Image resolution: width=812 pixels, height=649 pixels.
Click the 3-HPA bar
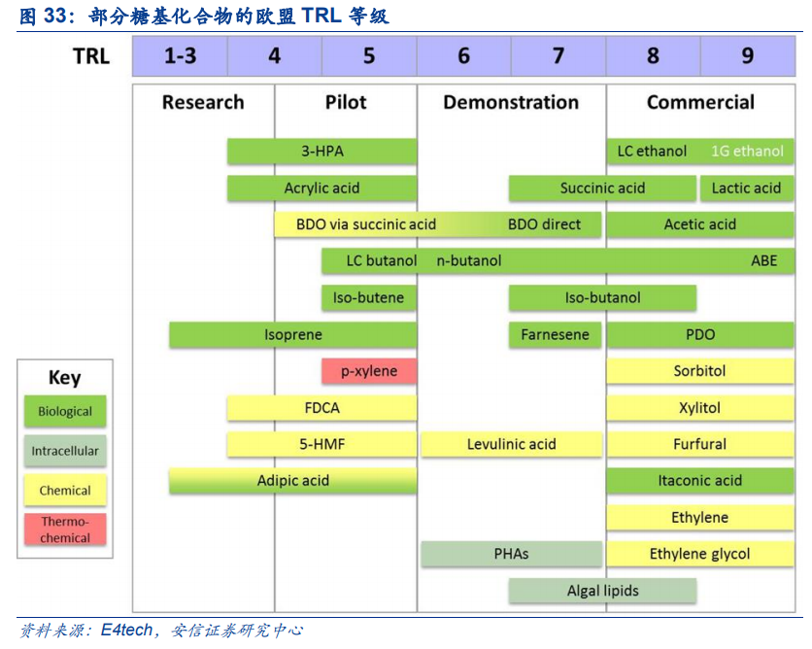coord(321,152)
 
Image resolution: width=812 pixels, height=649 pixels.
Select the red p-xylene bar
coord(368,370)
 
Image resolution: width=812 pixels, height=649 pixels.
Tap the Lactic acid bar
coord(746,188)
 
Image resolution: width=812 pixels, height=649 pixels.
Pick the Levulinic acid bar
coord(511,444)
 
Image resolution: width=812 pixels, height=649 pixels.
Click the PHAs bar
coord(511,554)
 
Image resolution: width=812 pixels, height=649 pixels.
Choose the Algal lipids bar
coord(602,590)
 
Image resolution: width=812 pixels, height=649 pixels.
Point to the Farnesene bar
coord(555,334)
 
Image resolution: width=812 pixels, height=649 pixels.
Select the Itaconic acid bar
coord(699,480)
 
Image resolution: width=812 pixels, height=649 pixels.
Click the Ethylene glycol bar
coord(699,554)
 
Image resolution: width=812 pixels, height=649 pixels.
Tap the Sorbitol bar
coord(699,370)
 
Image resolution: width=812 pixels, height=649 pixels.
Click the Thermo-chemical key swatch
coord(65,529)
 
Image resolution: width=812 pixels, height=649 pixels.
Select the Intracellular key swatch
coord(65,451)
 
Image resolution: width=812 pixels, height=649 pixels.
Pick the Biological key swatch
coord(65,411)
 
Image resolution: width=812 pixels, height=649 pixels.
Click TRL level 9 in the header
coord(747,56)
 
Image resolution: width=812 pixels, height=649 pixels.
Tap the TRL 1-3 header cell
coord(180,56)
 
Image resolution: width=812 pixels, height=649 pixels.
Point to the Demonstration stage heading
coord(511,102)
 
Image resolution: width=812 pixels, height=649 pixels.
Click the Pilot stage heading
coord(346,102)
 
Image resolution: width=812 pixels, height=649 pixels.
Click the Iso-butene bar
coord(368,297)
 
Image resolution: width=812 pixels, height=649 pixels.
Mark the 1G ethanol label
coord(747,152)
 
